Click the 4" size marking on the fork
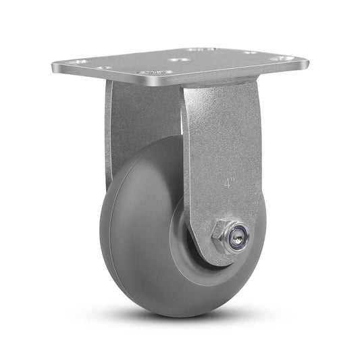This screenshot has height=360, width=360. click(x=230, y=182)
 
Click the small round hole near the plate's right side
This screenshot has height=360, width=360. click(x=249, y=53)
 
